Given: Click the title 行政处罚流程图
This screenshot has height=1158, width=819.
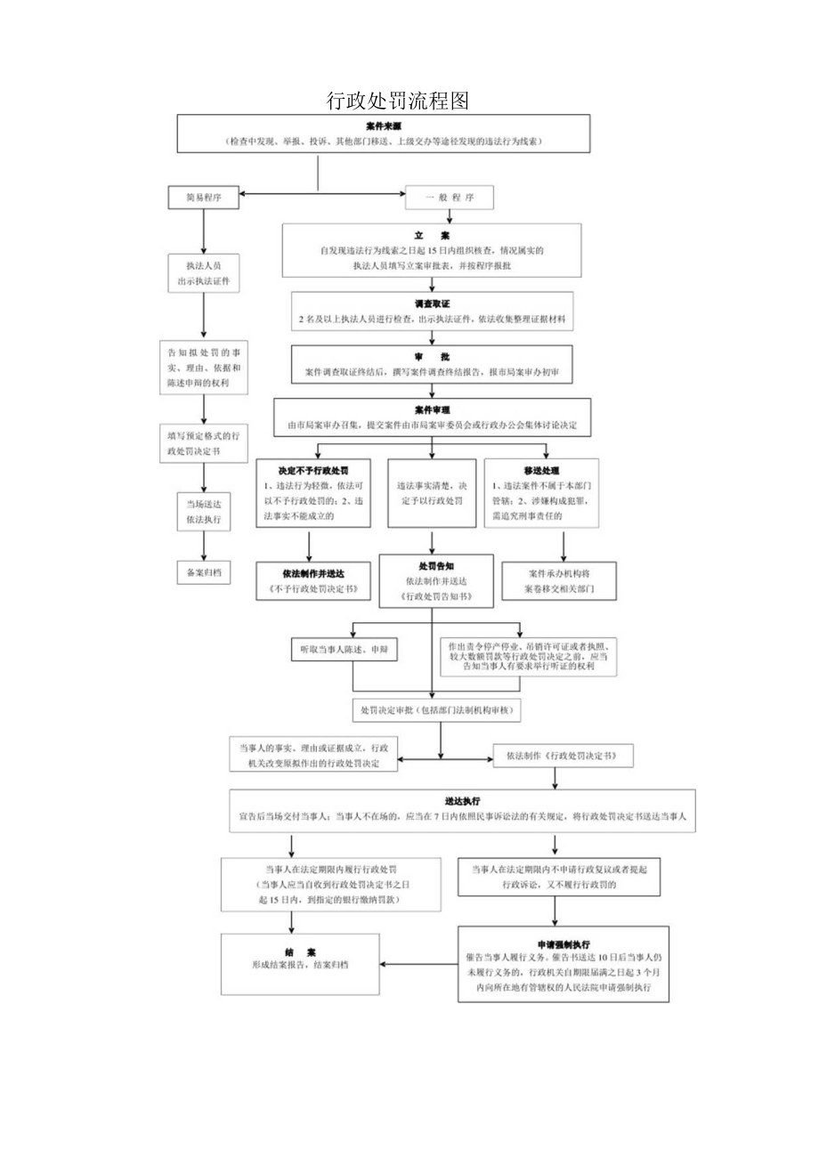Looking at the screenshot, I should click(397, 101).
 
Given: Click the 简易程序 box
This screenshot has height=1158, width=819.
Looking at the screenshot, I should click(204, 198).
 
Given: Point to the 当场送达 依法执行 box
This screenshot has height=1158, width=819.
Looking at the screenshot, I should click(204, 510).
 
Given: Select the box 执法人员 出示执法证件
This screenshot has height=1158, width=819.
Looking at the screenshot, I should click(204, 274).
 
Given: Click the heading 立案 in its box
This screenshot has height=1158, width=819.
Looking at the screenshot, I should click(431, 235).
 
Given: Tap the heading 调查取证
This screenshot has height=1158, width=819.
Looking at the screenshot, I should click(431, 304).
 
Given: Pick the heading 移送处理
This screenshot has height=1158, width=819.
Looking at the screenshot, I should click(541, 469).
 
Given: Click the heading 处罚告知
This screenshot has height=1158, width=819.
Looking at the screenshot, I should click(431, 565).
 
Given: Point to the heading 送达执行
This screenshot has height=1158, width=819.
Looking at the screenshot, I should click(463, 801).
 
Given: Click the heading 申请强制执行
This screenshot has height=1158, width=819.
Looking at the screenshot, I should click(564, 943).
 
